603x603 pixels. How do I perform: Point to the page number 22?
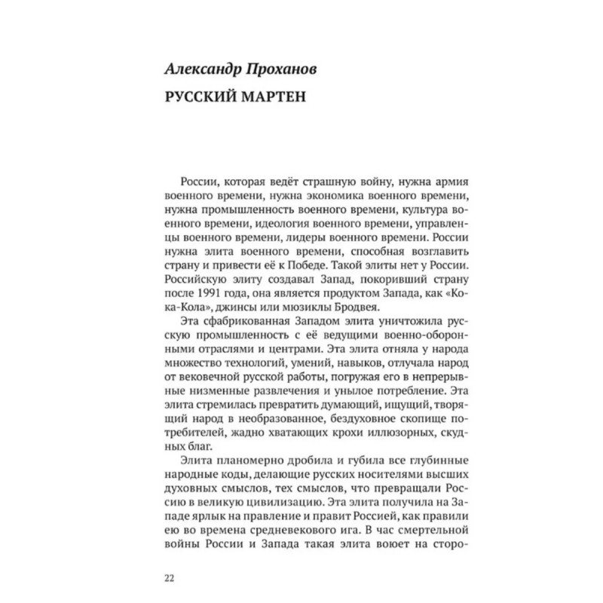click(168, 578)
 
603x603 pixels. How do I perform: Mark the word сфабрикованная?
click(245, 326)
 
